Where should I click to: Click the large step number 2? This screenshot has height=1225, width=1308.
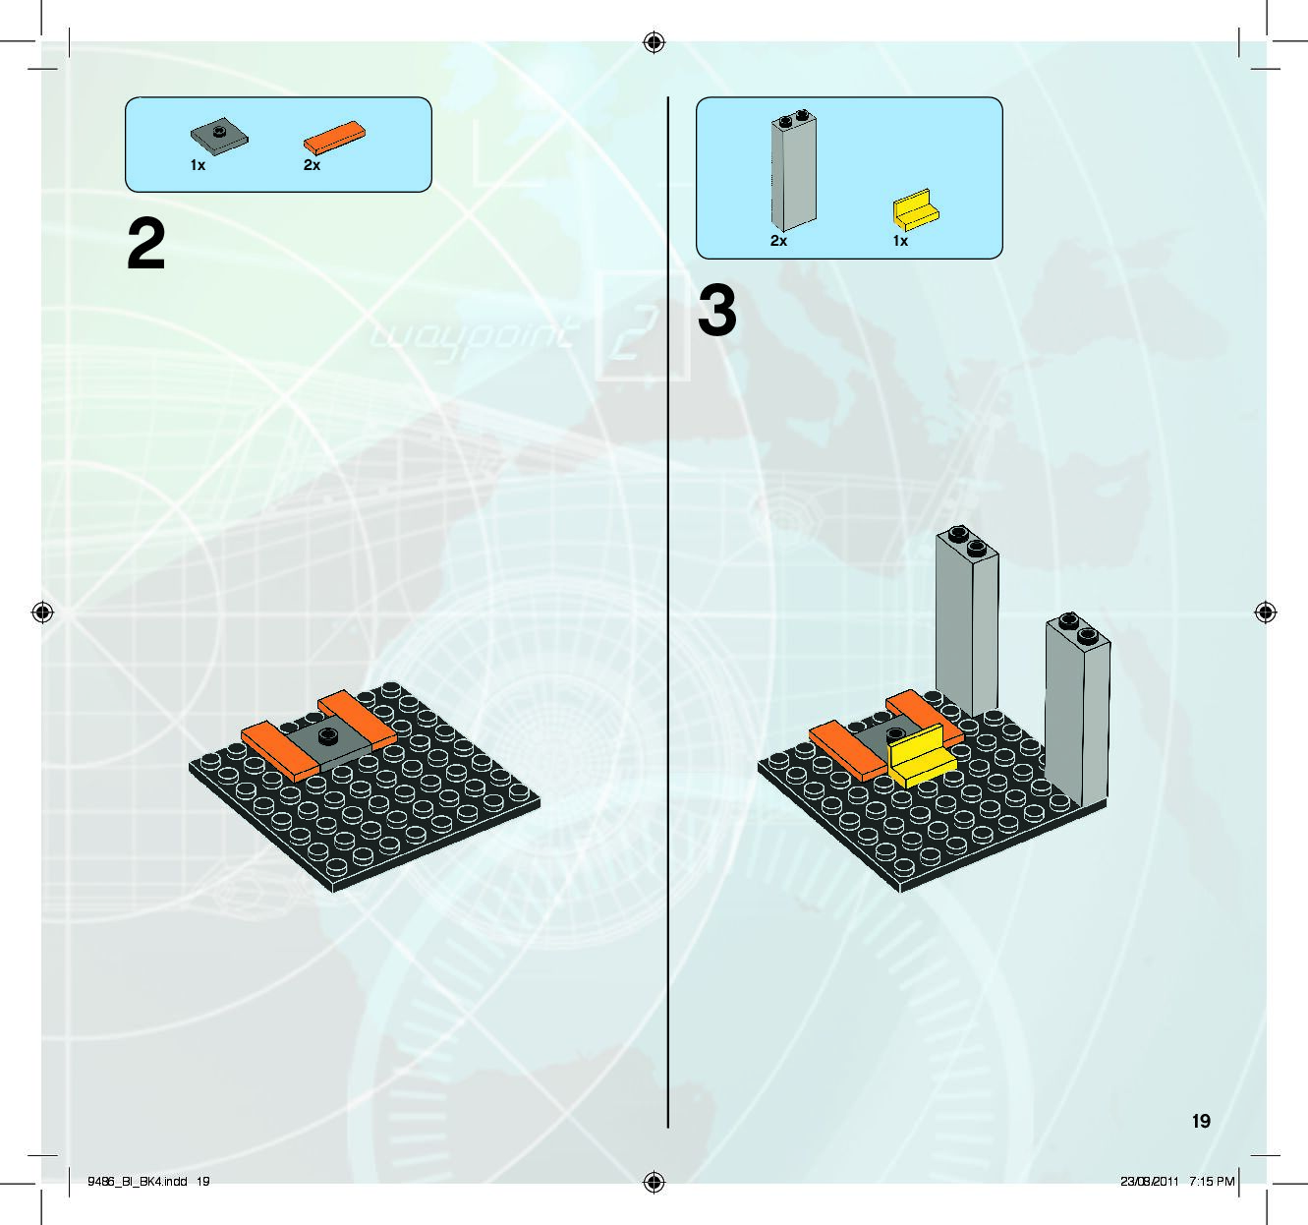pos(146,245)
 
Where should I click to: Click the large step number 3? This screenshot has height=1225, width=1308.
pos(717,311)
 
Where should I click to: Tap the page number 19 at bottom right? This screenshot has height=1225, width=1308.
pos(1201,1121)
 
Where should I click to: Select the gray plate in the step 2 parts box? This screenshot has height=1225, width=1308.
pos(218,134)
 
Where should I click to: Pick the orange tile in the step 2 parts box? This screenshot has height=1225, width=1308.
pos(335,138)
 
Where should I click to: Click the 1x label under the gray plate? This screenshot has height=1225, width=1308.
pos(198,166)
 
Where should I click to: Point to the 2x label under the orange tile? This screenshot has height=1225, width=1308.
pos(312,166)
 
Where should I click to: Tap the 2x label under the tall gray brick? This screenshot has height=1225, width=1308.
pos(778,241)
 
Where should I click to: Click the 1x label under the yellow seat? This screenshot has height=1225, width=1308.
pos(900,241)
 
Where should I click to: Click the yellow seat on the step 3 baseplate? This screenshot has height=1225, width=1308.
pos(921,756)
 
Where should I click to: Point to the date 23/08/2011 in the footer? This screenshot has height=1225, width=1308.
pos(1149,1181)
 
